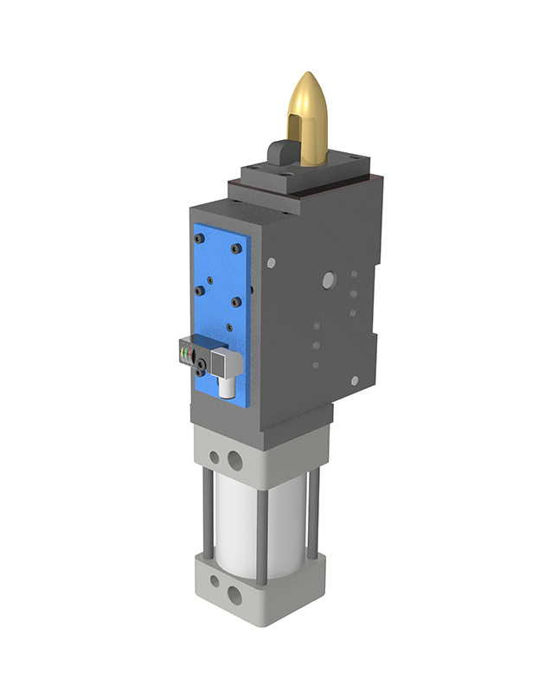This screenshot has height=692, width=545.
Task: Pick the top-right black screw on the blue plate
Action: pos(236,248)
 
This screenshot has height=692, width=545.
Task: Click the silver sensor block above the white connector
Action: pos(223,360)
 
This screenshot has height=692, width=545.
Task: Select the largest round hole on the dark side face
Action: pos(327,279)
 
